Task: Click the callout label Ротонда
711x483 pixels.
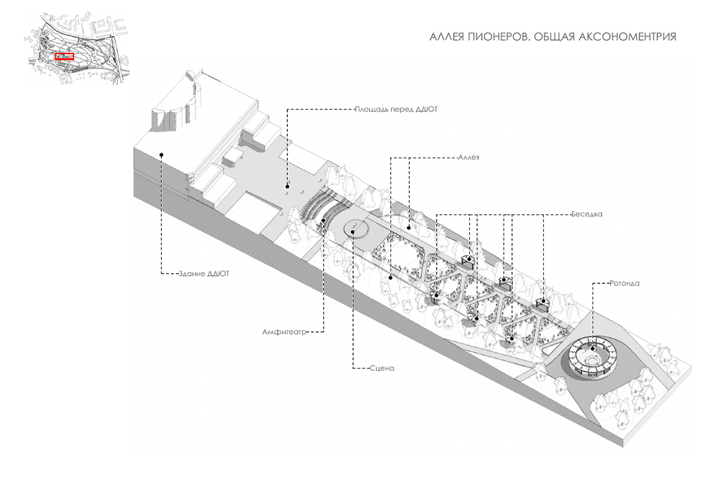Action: (x=624, y=283)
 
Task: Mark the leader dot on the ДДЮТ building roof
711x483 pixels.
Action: (x=162, y=155)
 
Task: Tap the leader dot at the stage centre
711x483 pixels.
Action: (x=353, y=232)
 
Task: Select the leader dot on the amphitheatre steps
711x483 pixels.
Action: (x=324, y=221)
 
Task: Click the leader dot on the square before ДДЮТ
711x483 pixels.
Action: (x=287, y=186)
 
